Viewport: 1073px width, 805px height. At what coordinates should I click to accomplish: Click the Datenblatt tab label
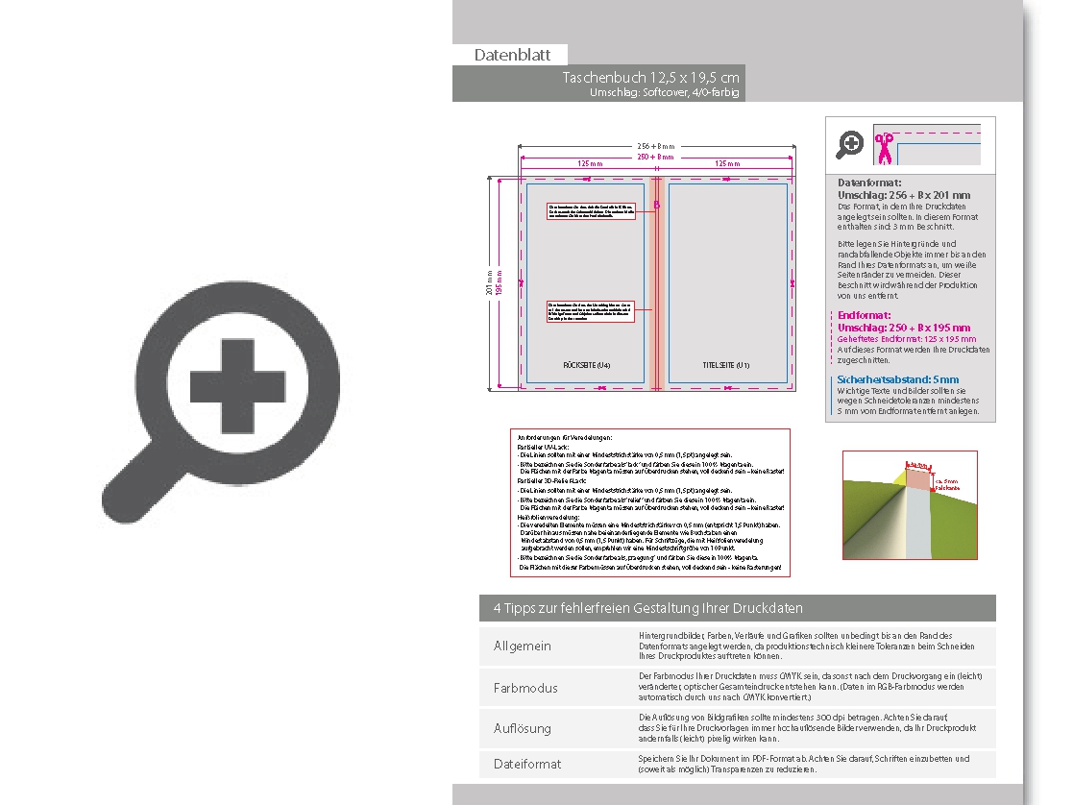pyautogui.click(x=512, y=56)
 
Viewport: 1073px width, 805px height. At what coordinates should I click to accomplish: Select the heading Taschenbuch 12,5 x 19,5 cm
pyautogui.click(x=651, y=77)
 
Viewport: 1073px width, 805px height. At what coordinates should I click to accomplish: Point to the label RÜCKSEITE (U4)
pyautogui.click(x=586, y=366)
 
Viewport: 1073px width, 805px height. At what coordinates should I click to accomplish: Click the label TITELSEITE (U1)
pyautogui.click(x=726, y=366)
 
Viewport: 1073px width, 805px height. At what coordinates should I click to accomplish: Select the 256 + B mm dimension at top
pyautogui.click(x=657, y=146)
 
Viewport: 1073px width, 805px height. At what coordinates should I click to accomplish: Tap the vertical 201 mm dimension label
pyautogui.click(x=491, y=284)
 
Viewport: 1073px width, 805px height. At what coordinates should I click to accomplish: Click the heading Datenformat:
pyautogui.click(x=869, y=182)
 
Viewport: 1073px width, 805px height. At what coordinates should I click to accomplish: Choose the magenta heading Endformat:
pyautogui.click(x=865, y=315)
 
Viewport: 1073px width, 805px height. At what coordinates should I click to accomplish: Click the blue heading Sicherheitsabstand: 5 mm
pyautogui.click(x=898, y=379)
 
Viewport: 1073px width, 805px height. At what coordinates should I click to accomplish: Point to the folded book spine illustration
pyautogui.click(x=909, y=505)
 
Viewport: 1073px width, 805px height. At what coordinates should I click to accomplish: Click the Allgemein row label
pyautogui.click(x=523, y=646)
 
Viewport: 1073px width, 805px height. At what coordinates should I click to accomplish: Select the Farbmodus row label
pyautogui.click(x=525, y=688)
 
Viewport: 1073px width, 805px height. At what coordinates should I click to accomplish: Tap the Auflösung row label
pyautogui.click(x=523, y=728)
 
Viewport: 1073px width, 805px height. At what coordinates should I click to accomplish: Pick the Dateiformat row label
pyautogui.click(x=527, y=764)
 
